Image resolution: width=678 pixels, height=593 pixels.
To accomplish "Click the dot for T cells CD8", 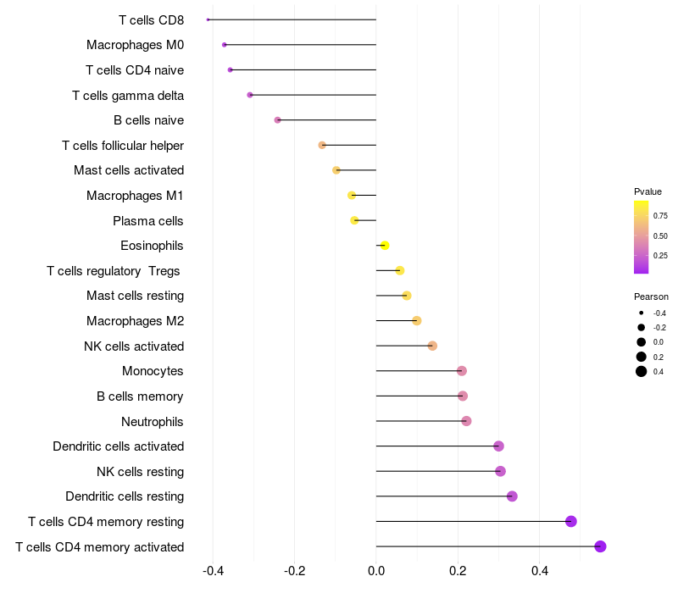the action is point(208,19).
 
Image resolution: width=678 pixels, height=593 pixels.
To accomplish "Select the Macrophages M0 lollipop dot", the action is point(224,45).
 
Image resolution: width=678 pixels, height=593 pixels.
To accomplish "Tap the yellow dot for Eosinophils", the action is point(385,246).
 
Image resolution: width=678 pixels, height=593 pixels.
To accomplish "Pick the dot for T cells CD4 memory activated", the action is point(600,546).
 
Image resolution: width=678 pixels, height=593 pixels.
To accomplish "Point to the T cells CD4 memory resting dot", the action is point(570,521).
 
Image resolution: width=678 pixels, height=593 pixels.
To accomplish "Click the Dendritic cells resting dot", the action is point(512,496).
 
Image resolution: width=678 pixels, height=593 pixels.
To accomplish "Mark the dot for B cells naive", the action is point(278,119).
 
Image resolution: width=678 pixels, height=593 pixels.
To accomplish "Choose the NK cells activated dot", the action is point(432,346).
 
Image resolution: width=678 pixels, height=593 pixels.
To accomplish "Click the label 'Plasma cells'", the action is point(147,221).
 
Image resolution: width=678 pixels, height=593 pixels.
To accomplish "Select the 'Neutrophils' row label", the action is point(153,421).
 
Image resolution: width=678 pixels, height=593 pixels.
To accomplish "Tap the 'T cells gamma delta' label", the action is point(128,96).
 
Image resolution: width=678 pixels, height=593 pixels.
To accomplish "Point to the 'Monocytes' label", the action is point(153,371).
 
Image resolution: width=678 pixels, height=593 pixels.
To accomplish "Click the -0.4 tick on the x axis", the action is point(214,571).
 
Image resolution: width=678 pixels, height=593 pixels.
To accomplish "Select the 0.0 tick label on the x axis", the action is point(376,571).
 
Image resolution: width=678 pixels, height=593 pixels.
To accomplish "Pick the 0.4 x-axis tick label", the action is point(540,571).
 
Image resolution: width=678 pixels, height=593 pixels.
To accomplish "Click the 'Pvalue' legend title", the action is point(647,191).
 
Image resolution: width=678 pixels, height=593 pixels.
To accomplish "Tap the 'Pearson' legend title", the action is point(651,296).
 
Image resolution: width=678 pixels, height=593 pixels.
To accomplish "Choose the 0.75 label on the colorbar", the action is point(660,216).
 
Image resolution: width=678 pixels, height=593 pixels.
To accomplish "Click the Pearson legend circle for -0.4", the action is point(642,313).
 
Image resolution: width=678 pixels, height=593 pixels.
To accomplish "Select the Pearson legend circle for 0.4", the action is point(642,371).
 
